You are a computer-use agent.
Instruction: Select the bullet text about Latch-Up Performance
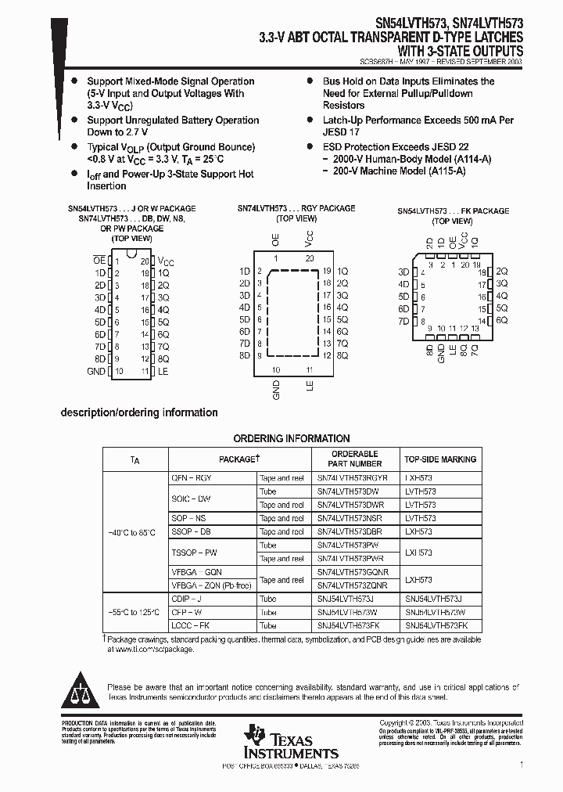coord(418,127)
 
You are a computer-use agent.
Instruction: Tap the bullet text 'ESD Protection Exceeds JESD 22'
coord(396,147)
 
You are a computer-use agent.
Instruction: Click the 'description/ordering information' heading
coord(139,412)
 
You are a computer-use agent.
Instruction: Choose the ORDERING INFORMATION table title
coord(291,438)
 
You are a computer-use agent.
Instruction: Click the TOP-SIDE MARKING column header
coord(440,459)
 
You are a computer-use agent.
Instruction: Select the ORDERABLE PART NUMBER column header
coord(354,459)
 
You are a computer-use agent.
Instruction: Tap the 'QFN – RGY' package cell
coord(192,477)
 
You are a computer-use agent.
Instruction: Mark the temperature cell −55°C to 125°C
coord(134,612)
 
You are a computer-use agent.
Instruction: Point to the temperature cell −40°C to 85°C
coord(134,532)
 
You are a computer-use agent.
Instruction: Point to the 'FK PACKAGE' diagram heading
coord(453,211)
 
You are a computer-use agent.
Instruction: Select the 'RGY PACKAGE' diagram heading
coord(296,208)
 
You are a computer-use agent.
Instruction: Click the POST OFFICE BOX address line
coord(281,765)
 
